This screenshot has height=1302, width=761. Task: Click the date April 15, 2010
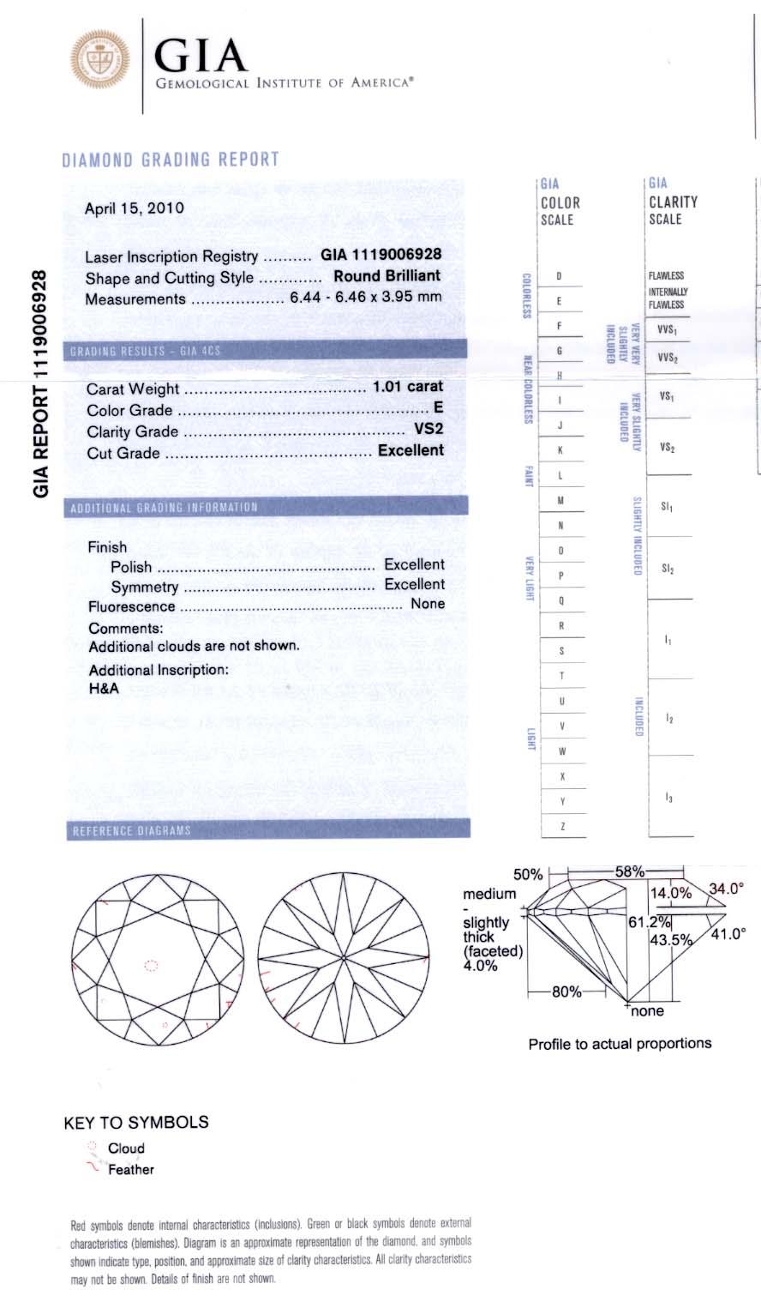(x=134, y=208)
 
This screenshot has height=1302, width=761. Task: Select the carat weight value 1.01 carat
(x=407, y=387)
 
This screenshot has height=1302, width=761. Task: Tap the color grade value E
(x=439, y=408)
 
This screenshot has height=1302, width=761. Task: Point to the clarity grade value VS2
(x=428, y=430)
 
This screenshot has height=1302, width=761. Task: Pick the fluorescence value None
(x=428, y=604)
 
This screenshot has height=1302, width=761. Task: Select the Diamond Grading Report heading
(x=171, y=160)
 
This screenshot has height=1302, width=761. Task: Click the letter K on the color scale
(x=560, y=450)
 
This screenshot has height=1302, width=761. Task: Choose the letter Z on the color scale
(x=561, y=825)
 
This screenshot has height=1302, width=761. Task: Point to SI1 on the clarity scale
(x=667, y=508)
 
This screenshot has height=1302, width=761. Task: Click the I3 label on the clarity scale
(x=668, y=798)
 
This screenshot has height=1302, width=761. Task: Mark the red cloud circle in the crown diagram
(x=151, y=966)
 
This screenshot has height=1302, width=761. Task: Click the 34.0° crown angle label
(x=724, y=889)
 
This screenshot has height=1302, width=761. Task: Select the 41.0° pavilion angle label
(x=729, y=933)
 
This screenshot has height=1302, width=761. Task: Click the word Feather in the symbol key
(x=131, y=1169)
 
